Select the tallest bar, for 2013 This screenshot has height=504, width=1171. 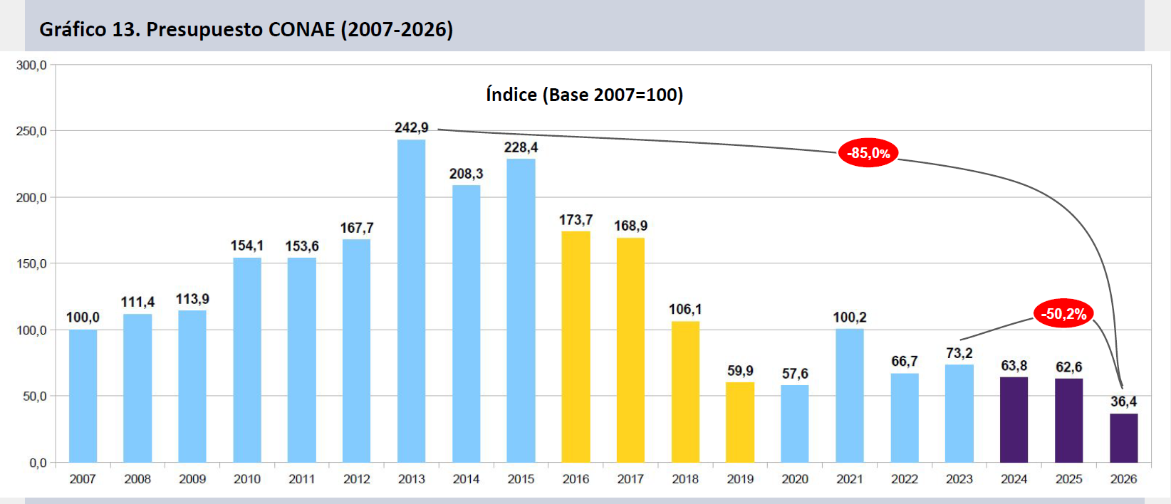coord(412,301)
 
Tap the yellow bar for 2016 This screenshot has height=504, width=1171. coord(576,347)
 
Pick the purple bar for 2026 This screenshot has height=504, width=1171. coord(1123,439)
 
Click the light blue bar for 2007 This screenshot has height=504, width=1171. coord(83,396)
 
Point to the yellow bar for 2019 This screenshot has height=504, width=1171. coord(740,423)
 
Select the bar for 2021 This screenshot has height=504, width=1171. coord(850,396)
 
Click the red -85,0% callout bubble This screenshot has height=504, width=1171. coord(868,153)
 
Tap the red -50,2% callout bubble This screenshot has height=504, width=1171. coord(1064,313)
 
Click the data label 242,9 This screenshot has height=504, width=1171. coord(412,128)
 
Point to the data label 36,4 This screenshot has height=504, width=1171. coord(1123,401)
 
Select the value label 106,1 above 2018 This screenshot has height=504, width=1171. coord(685,309)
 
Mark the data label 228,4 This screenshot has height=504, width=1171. coord(521,148)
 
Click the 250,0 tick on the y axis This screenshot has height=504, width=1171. coord(31,131)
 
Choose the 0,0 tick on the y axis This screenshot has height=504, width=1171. coord(38,463)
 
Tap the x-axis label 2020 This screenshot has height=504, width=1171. coord(795,479)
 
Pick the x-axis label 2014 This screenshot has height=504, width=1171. coord(467,479)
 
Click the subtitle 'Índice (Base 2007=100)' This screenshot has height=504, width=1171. coord(585,95)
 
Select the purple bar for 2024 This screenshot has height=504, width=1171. coord(1014,420)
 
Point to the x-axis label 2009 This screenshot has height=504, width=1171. coord(192,479)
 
